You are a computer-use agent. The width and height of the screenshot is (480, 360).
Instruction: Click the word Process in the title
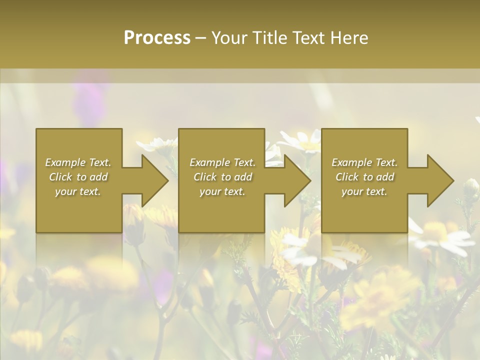(x=157, y=37)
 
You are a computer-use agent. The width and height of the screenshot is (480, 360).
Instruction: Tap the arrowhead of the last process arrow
(x=439, y=180)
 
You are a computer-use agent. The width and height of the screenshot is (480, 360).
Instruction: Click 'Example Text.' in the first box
(x=78, y=162)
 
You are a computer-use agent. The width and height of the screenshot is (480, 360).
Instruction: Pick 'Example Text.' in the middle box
(x=222, y=162)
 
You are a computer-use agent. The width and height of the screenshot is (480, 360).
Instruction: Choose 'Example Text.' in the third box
(x=364, y=162)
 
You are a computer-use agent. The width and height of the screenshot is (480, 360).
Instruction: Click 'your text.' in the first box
(x=78, y=191)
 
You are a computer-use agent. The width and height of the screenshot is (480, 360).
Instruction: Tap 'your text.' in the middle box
(x=222, y=191)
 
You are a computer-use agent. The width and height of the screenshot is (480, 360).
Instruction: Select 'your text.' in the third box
(x=364, y=191)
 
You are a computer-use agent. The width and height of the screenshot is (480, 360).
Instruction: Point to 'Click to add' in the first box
(x=78, y=177)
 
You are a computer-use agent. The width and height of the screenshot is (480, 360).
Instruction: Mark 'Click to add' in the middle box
(x=222, y=177)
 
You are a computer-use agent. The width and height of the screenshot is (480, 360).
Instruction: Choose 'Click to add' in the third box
(x=364, y=177)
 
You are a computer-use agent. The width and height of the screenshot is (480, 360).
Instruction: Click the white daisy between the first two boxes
(x=156, y=144)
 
